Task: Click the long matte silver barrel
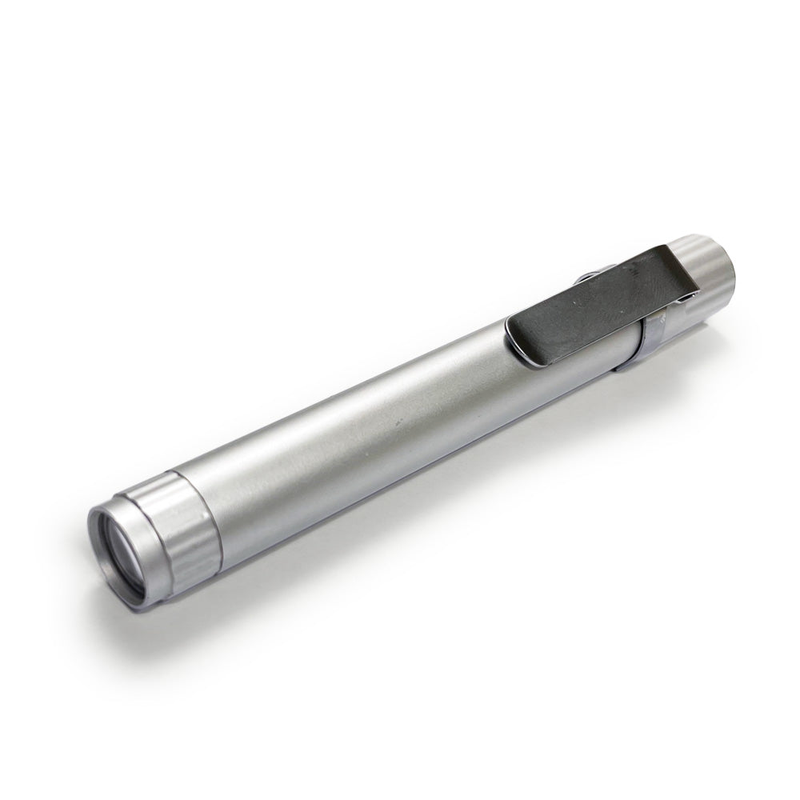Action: click(360, 432)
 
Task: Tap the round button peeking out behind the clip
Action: click(586, 278)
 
